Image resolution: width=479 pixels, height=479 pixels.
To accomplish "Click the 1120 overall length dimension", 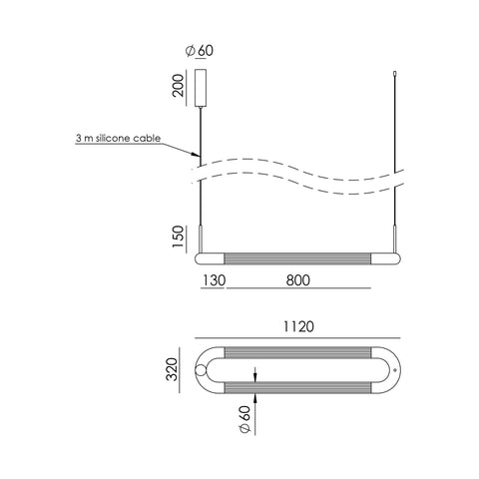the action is pos(298,326).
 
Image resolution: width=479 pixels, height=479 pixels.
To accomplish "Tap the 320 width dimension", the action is pos(173,369).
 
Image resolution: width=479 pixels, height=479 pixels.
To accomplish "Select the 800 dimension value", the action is pos(298,280).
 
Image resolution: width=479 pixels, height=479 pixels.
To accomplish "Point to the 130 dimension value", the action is pos(214,280).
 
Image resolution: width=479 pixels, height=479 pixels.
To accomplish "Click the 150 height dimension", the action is pos(178,237).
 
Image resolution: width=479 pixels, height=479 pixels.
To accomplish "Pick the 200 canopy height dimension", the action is pos(178,86).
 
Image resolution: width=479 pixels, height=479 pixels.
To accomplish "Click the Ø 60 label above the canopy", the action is pos(200,51).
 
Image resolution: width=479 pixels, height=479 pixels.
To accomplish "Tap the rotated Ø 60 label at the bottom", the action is pos(244,419).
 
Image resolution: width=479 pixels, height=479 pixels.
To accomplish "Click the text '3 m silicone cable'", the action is pos(118,138).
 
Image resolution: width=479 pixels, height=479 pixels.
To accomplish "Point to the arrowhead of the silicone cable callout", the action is pos(197,155).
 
